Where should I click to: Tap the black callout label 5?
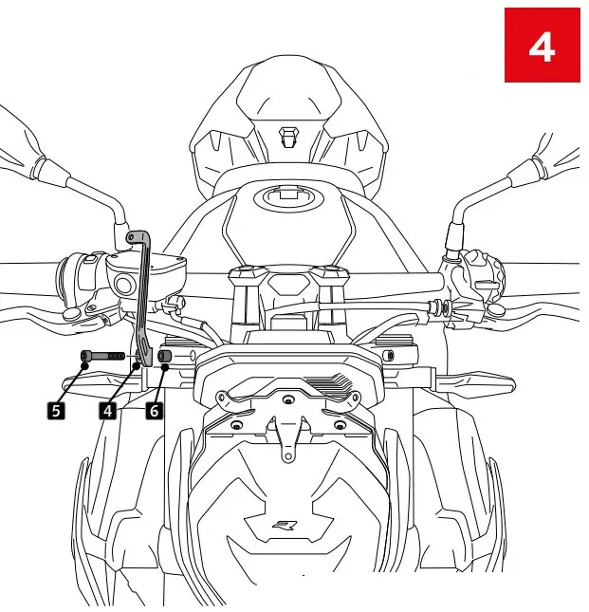click(x=57, y=410)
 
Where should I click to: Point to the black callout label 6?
click(x=154, y=410)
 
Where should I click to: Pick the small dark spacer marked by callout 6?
click(x=164, y=357)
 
